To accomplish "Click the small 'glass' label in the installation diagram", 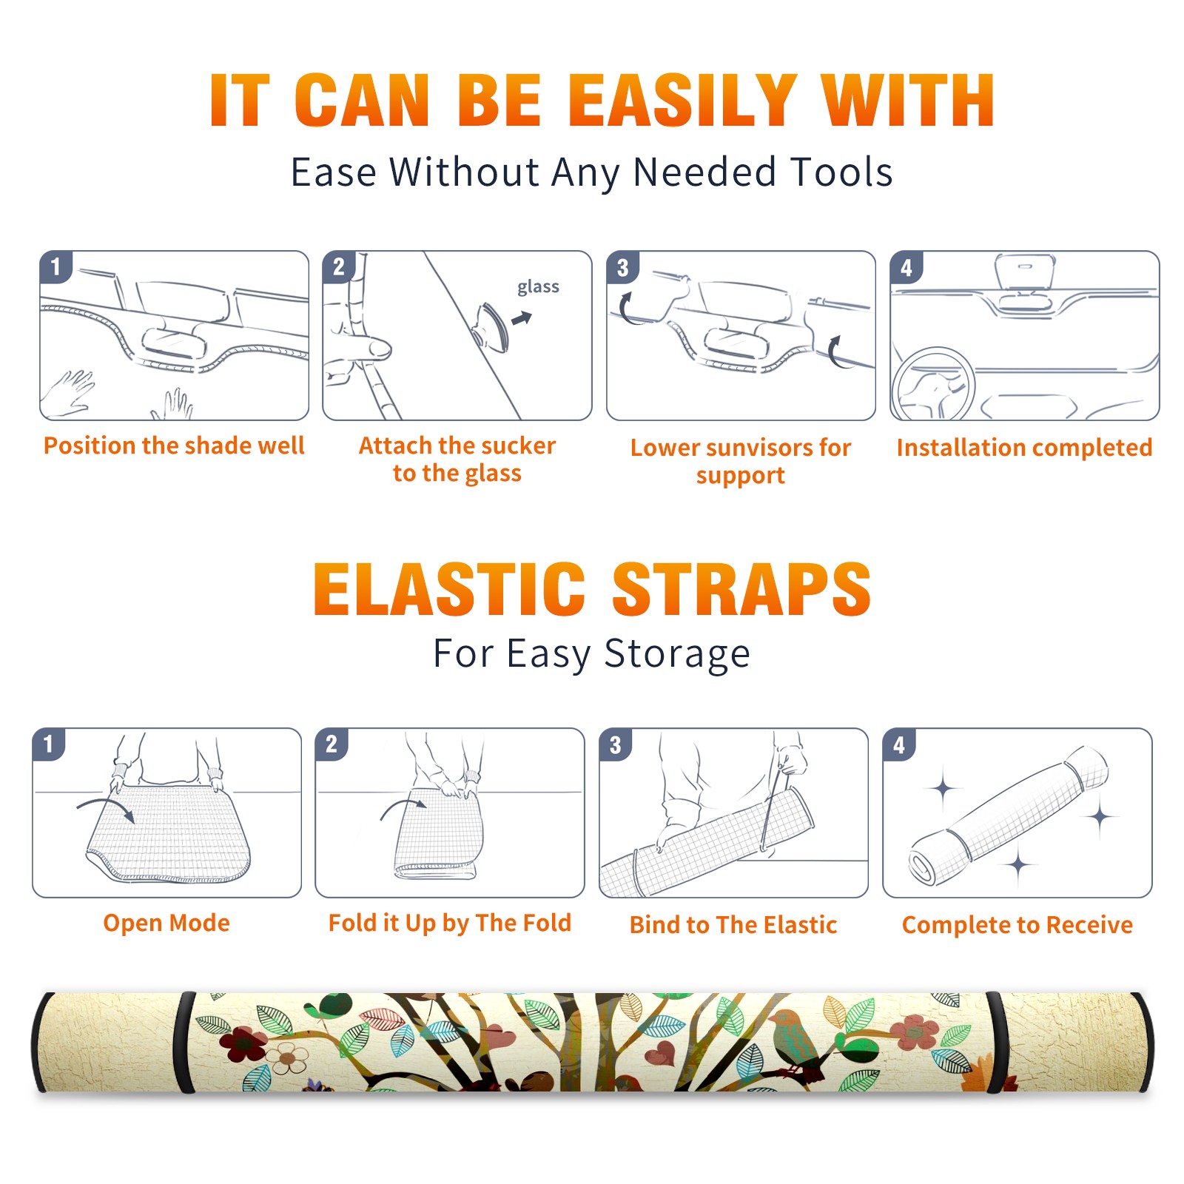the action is pos(538,286).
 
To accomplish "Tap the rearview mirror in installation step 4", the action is pos(1024,272).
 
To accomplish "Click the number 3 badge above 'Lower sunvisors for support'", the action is pos(622,267).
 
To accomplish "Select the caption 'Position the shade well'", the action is pos(174,445).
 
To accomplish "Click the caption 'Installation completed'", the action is pos(1024,448).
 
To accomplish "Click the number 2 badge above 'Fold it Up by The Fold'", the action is pos(331,744).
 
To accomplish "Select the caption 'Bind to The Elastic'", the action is pos(733,925).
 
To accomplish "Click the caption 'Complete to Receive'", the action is pos(1017,925).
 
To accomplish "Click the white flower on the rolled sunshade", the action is pos(287,1058).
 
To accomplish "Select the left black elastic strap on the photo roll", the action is pos(184,1042).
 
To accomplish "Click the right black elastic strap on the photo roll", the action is pos(997,1042).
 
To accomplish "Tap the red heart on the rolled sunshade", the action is pos(659,1052).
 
